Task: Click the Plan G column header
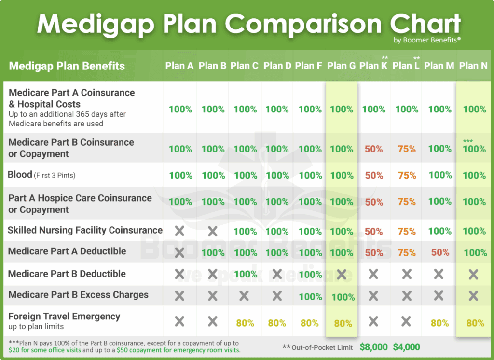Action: coord(342,66)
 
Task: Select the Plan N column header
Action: coord(473,66)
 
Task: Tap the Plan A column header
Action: coord(179,66)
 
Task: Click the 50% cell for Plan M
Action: coord(440,252)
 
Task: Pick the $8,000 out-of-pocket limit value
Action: coord(374,347)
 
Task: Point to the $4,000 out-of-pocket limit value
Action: coord(406,347)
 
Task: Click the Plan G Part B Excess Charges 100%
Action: coord(343,296)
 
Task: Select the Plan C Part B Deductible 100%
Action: coord(245,275)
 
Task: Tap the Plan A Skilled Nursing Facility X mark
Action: coord(179,231)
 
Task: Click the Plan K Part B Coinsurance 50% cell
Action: coord(374,149)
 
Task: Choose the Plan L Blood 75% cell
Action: coord(407,175)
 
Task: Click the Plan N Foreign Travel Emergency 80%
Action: coord(475,323)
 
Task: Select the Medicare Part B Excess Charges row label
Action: coord(78,295)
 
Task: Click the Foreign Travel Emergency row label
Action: coord(64,317)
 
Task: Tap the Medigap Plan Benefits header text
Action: coord(67,66)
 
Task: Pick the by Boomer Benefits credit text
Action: coord(427,40)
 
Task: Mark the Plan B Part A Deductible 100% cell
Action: coord(213,252)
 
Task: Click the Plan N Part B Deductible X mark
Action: coord(473,275)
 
